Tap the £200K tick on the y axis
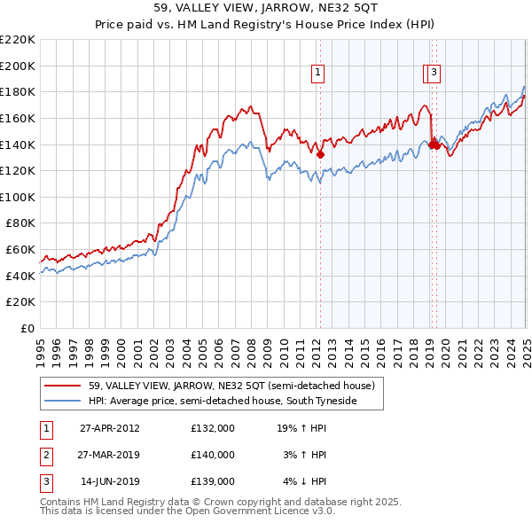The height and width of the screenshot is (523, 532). coord(18,66)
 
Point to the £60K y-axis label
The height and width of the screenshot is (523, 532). coord(20,250)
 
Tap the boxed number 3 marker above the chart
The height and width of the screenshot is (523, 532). coord(434,74)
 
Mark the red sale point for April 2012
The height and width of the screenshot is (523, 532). coord(320,154)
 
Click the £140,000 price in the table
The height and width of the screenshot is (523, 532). coord(212,455)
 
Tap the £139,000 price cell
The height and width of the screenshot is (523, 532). coord(212,482)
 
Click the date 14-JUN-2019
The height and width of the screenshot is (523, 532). coord(110,482)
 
